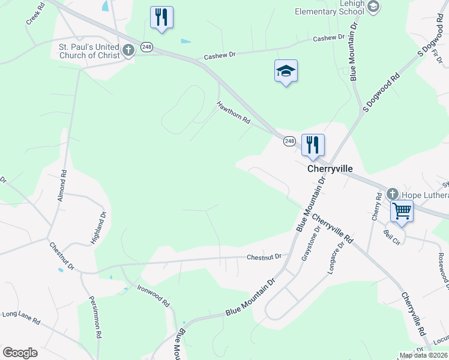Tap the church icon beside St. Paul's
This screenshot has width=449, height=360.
(x=127, y=50)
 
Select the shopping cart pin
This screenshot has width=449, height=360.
(x=402, y=211)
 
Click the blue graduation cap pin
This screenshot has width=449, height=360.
(x=286, y=71)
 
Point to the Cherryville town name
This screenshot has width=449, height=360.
(x=330, y=169)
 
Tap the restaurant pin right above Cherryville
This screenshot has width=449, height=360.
(x=313, y=145)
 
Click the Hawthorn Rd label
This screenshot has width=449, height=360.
(x=234, y=112)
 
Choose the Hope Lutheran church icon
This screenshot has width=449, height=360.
(x=393, y=194)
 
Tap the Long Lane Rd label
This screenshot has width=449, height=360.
(x=21, y=318)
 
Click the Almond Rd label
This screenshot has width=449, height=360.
(x=63, y=185)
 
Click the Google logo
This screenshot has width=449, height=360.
(x=20, y=353)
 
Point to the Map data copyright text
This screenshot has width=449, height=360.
(x=423, y=355)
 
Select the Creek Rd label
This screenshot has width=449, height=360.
(x=35, y=16)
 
